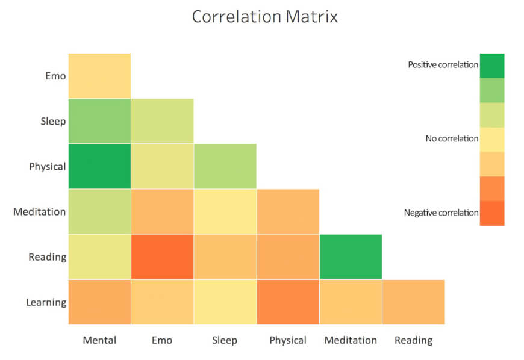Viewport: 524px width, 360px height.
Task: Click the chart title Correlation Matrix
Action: (264, 17)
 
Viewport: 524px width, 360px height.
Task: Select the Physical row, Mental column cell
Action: (99, 166)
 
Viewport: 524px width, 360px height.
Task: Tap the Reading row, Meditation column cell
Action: (351, 257)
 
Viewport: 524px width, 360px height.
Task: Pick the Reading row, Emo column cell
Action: (163, 257)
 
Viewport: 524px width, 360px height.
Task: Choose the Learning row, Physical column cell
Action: (288, 302)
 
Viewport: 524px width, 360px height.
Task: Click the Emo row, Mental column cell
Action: (99, 76)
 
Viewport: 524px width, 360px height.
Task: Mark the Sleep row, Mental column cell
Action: (99, 121)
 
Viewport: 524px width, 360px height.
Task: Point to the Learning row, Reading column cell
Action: (414, 302)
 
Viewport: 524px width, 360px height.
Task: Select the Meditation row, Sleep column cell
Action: (225, 211)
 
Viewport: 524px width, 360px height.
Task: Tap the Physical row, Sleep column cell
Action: (225, 166)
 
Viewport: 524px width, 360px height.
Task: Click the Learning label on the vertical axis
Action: (46, 303)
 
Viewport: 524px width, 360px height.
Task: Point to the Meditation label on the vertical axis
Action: (39, 212)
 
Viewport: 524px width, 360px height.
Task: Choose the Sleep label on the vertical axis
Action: (53, 121)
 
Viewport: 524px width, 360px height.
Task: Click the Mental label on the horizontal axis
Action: (99, 340)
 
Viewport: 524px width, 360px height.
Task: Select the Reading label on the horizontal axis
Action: (413, 341)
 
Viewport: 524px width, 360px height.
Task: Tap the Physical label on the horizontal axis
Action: (288, 341)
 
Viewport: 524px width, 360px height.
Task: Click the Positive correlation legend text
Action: (443, 65)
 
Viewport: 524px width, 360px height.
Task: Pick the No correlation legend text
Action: (452, 138)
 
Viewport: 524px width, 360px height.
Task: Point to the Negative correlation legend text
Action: (441, 213)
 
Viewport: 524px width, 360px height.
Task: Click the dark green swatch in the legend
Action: (492, 66)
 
